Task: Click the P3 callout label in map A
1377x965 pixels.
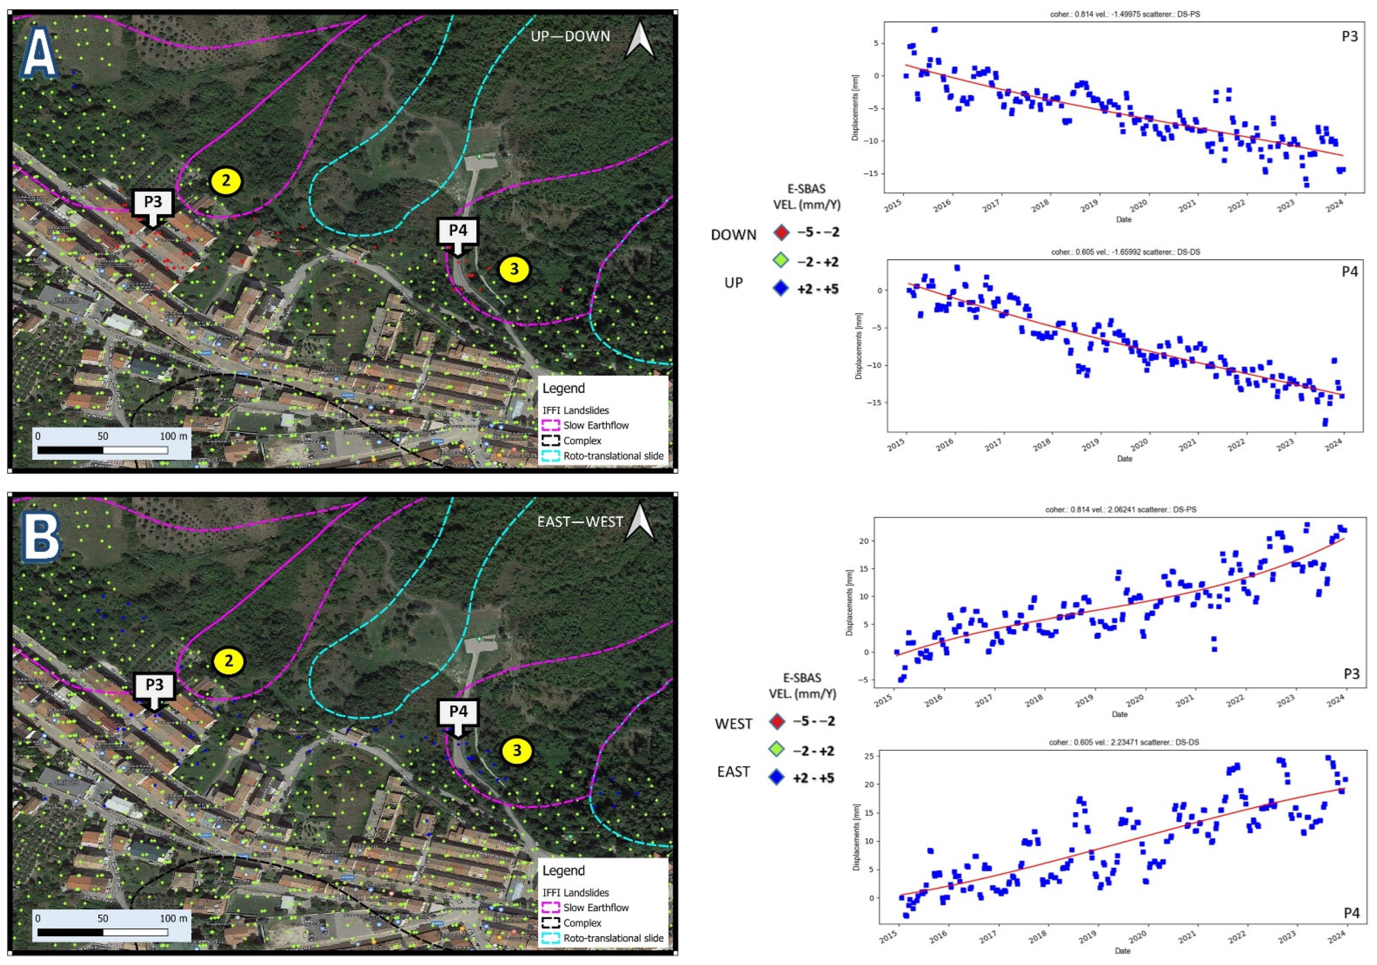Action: point(153,202)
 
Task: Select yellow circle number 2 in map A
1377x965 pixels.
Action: point(226,181)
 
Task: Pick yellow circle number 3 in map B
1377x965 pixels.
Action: point(517,751)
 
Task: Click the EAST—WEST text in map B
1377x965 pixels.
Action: point(580,522)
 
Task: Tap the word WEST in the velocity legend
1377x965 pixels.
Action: point(733,724)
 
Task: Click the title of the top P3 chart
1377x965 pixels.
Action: point(1123,14)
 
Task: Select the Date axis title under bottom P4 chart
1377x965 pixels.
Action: point(1122,951)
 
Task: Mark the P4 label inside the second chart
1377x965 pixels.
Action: point(1350,272)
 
